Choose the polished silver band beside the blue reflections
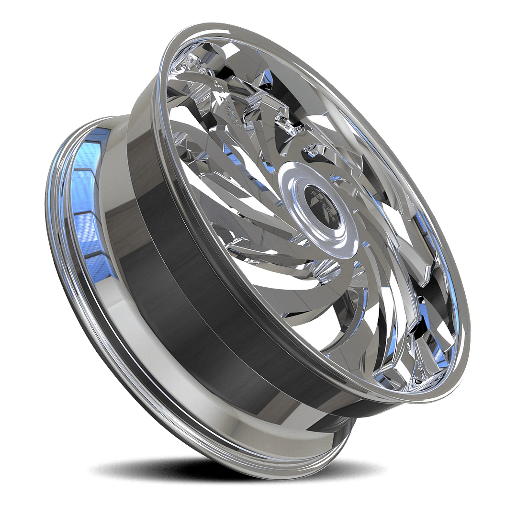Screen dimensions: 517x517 (115, 230)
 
